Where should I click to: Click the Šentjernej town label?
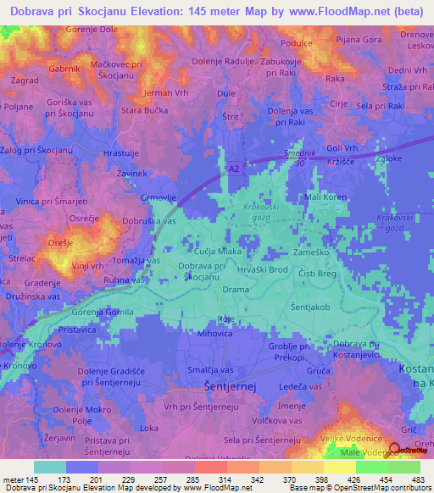(x=229, y=387)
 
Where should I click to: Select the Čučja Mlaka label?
(x=219, y=252)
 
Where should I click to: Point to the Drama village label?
(x=235, y=290)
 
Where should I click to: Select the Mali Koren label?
(x=325, y=197)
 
